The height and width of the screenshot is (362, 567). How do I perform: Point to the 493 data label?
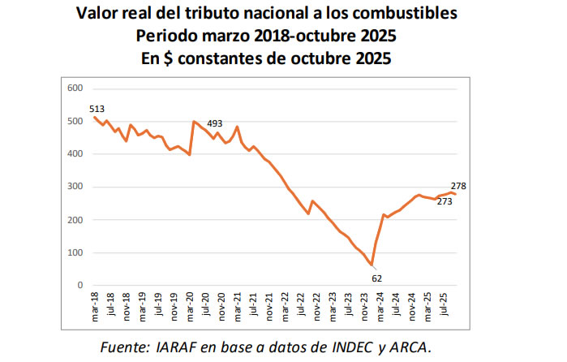pyautogui.click(x=215, y=123)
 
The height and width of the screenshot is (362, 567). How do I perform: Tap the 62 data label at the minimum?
pyautogui.click(x=377, y=278)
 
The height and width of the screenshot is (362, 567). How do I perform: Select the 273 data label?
pyautogui.click(x=444, y=201)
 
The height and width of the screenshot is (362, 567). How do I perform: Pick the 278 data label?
pyautogui.click(x=457, y=186)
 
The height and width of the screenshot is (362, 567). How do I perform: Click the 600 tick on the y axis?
pyautogui.click(x=75, y=88)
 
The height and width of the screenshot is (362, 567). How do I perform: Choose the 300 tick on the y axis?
pyautogui.click(x=75, y=187)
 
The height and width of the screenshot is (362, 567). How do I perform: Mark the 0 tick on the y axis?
pyautogui.click(x=80, y=286)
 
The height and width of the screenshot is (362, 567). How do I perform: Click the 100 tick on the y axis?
pyautogui.click(x=75, y=252)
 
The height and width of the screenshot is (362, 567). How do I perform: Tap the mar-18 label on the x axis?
pyautogui.click(x=94, y=304)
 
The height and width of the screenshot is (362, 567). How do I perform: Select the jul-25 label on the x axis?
pyautogui.click(x=444, y=304)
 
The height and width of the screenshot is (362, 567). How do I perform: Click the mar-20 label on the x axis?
pyautogui.click(x=190, y=304)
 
